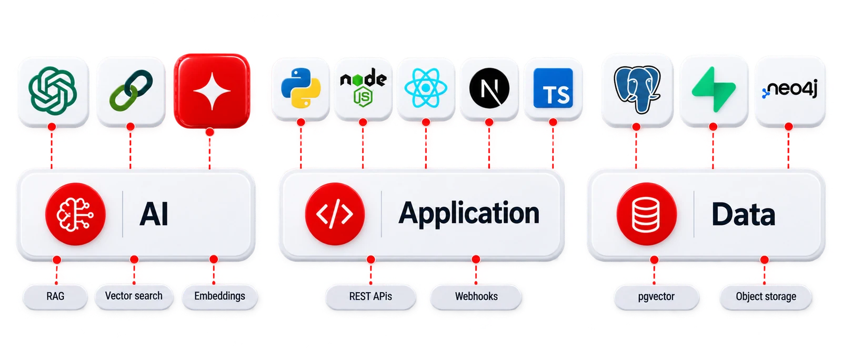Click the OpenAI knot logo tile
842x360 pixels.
click(x=53, y=91)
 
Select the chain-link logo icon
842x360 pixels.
click(x=131, y=90)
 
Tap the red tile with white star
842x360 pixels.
click(x=212, y=91)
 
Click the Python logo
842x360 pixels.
click(x=300, y=88)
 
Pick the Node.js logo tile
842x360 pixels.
click(x=363, y=89)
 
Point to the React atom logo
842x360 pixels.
click(x=426, y=88)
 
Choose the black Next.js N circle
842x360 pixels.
click(x=489, y=88)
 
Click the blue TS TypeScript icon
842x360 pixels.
click(x=553, y=88)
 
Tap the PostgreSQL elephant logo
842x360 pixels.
click(x=637, y=89)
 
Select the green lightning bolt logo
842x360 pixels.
click(x=714, y=89)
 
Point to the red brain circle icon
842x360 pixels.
click(x=75, y=214)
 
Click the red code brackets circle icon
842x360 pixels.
click(x=335, y=214)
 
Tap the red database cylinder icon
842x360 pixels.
click(x=647, y=214)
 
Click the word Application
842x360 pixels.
click(x=469, y=214)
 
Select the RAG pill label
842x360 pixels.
click(x=55, y=297)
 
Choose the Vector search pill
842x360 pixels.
click(x=134, y=296)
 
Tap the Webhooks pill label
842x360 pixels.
click(x=476, y=297)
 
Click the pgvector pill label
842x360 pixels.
click(x=656, y=297)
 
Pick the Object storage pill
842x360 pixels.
click(x=766, y=297)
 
